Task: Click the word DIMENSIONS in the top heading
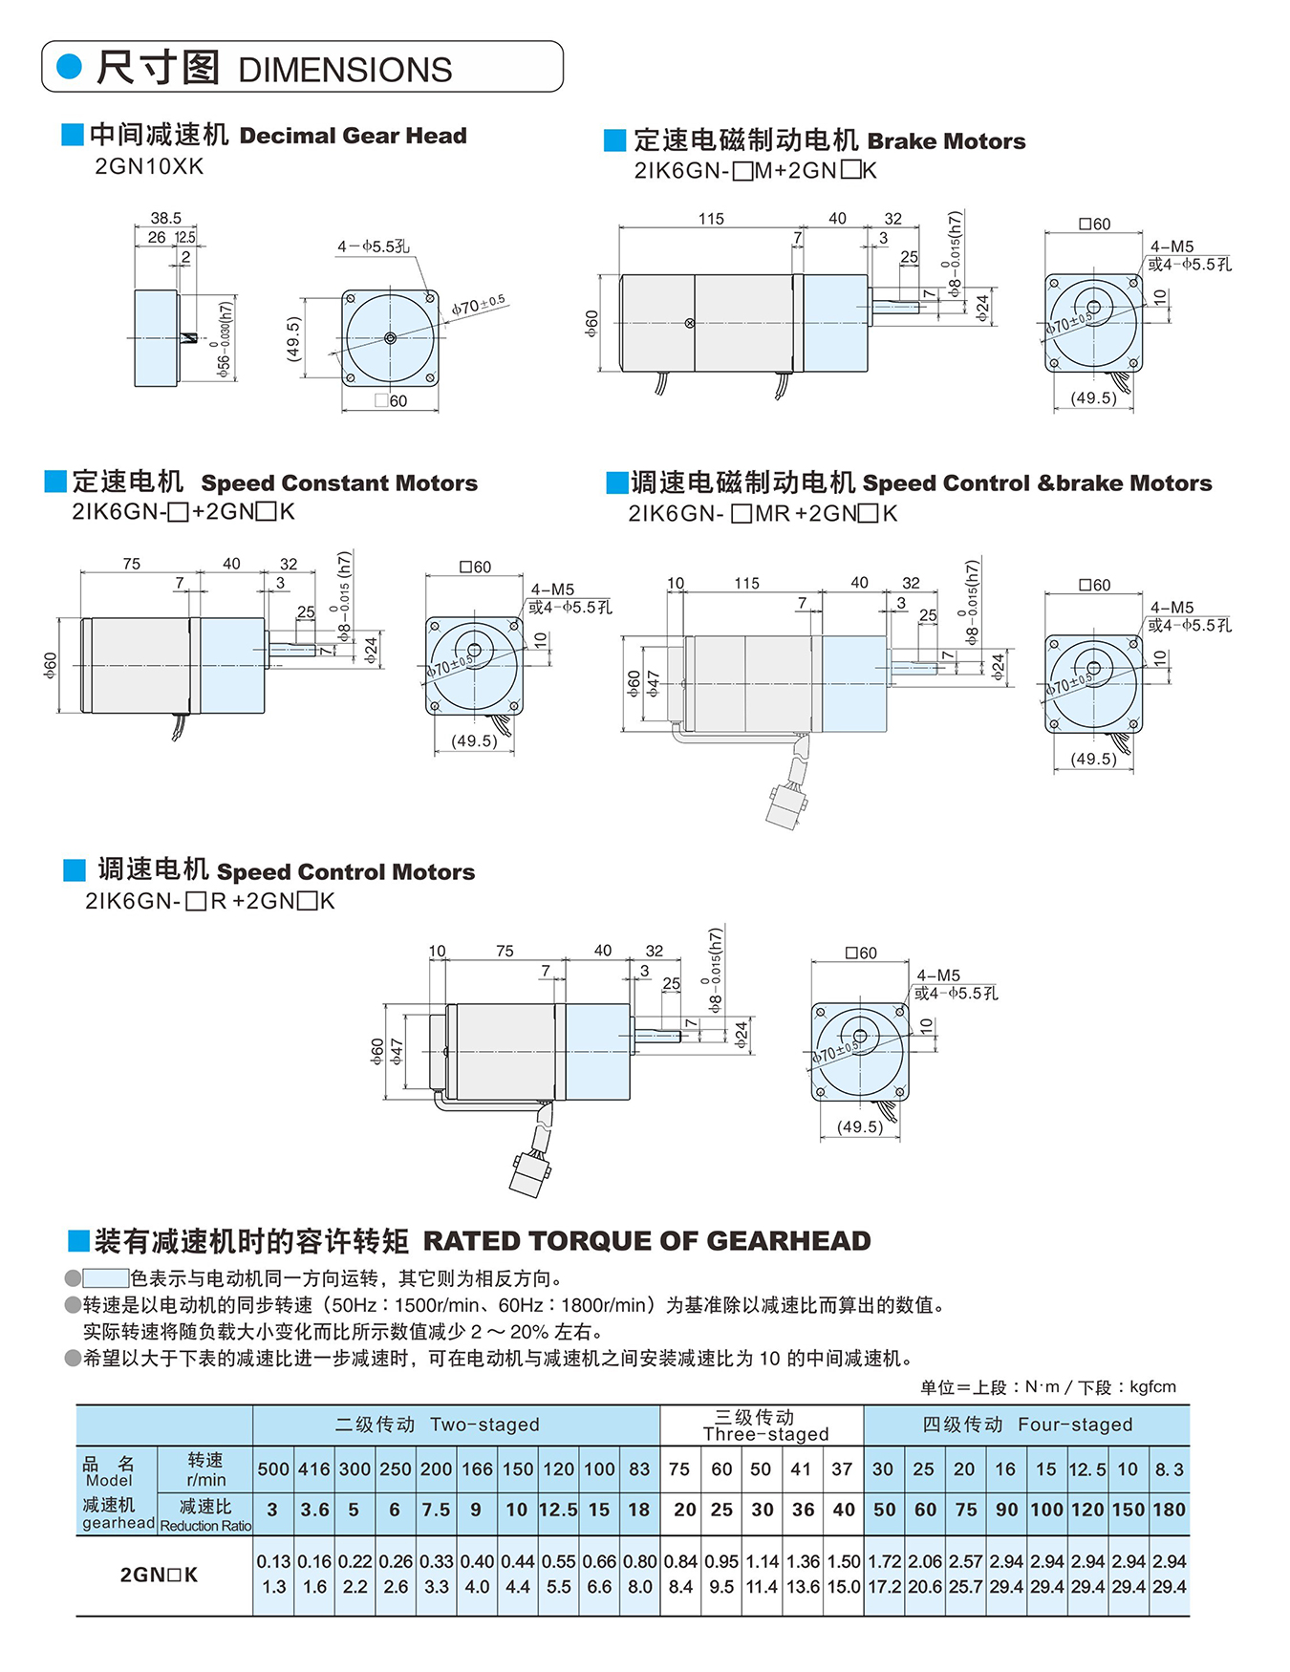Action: pyautogui.click(x=345, y=70)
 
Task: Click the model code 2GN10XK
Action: pyautogui.click(x=149, y=166)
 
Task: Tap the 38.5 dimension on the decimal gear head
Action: pyautogui.click(x=165, y=218)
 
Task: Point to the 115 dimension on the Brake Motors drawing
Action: pyautogui.click(x=711, y=219)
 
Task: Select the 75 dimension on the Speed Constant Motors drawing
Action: pyautogui.click(x=131, y=564)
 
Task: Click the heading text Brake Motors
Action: pyautogui.click(x=946, y=141)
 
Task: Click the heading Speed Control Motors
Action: pyautogui.click(x=345, y=871)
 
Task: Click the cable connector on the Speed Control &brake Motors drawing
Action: pyautogui.click(x=785, y=807)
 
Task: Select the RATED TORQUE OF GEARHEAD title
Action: pyautogui.click(x=647, y=1241)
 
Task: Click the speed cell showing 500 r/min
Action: pyautogui.click(x=273, y=1469)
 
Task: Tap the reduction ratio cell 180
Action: pyautogui.click(x=1169, y=1510)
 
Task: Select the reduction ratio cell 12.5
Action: pyautogui.click(x=558, y=1510)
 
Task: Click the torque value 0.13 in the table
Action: pyautogui.click(x=273, y=1561)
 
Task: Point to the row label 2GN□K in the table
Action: pyautogui.click(x=159, y=1575)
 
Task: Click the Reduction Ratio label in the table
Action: pyautogui.click(x=205, y=1526)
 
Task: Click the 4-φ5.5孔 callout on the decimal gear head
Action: pyautogui.click(x=373, y=247)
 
